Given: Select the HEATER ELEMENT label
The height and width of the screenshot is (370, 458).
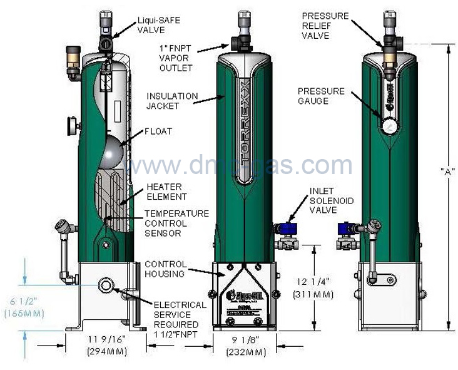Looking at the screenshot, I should [x=165, y=192].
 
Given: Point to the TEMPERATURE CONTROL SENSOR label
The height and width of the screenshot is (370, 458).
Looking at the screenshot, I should [x=176, y=223].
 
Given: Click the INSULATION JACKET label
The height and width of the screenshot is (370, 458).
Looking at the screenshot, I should [x=173, y=101].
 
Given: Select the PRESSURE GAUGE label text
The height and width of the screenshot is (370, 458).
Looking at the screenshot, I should [x=321, y=96].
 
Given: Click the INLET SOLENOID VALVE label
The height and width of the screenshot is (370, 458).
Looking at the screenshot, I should [x=331, y=200].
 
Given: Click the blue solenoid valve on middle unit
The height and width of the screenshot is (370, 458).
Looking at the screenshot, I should [x=287, y=229].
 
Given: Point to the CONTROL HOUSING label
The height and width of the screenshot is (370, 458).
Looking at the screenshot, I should [x=166, y=269].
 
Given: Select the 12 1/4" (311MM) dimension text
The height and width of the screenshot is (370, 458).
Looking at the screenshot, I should [x=313, y=289].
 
